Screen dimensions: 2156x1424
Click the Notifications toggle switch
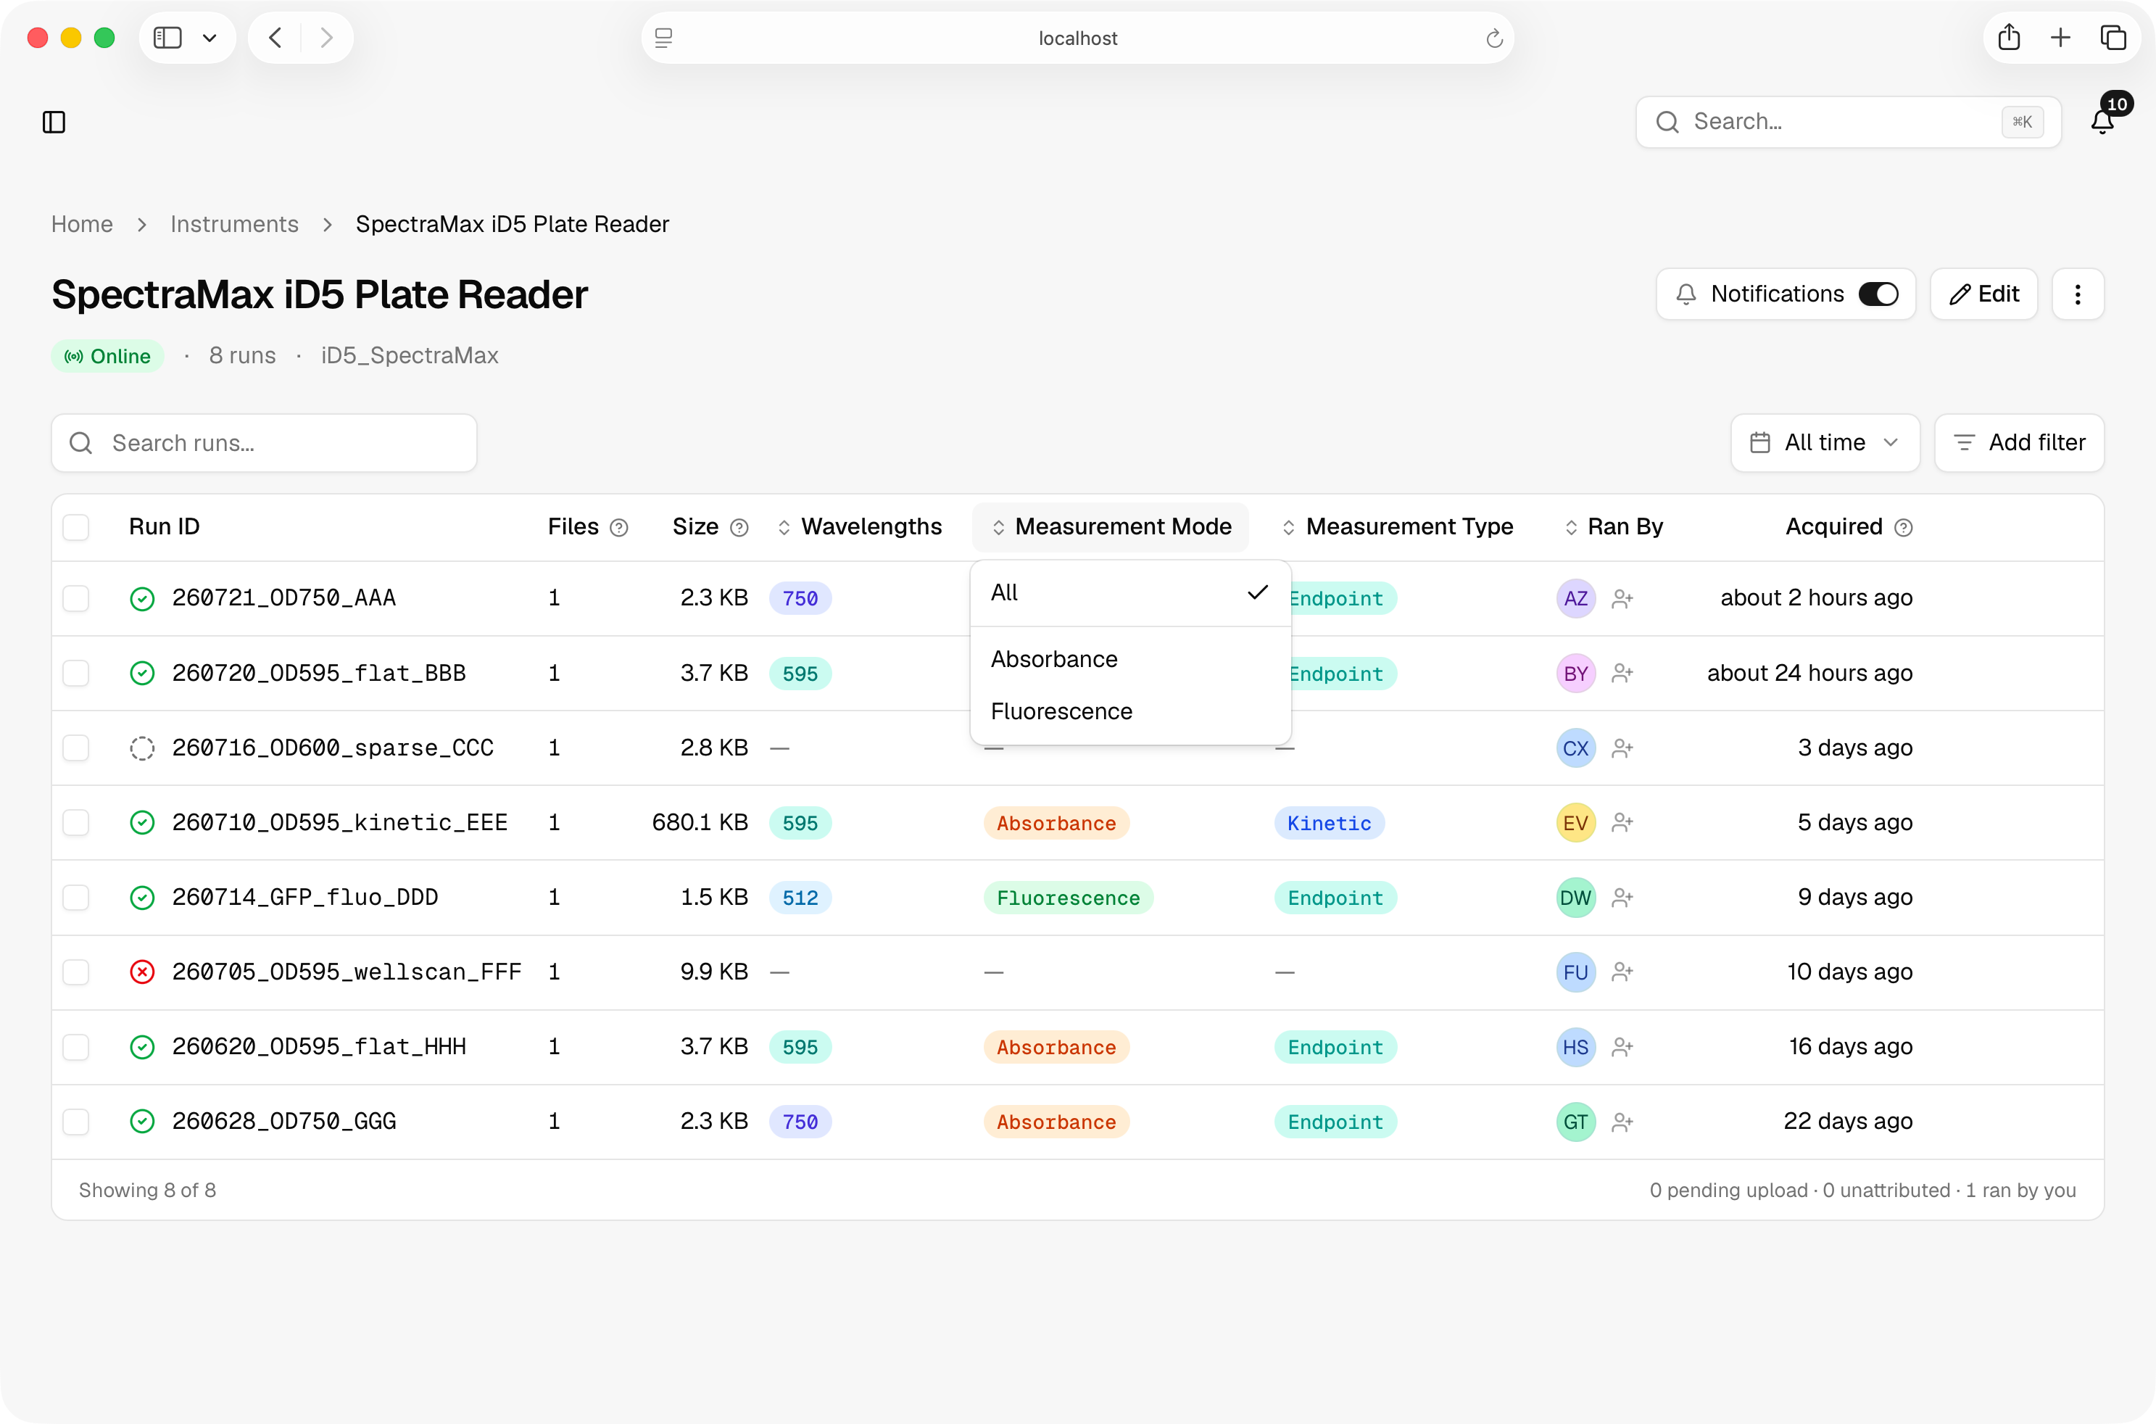1878,294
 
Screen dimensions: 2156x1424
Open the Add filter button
2019,443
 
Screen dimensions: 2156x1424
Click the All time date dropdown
1825,443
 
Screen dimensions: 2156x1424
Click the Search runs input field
264,443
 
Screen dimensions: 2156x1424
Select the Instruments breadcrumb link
234,224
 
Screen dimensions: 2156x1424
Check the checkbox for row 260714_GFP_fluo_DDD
76,898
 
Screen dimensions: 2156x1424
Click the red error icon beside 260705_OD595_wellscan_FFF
143,972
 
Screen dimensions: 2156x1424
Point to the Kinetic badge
1329,823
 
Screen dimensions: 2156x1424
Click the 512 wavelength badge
800,898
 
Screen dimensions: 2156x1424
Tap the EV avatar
1575,823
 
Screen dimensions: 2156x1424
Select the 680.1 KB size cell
700,823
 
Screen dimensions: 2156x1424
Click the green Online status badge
108,356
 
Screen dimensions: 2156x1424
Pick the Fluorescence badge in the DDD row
1068,898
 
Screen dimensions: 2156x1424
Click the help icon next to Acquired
1904,528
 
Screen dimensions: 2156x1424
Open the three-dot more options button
2077,294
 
